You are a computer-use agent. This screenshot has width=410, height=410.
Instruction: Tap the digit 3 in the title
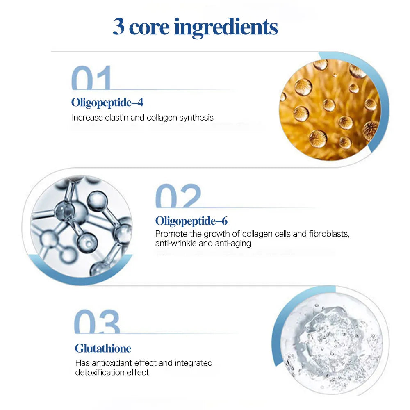118,26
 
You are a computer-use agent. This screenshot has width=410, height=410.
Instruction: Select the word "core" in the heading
149,28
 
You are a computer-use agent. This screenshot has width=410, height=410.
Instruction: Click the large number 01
91,77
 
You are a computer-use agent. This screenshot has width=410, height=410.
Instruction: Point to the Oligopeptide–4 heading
107,103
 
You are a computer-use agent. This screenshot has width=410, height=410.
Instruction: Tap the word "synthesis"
196,118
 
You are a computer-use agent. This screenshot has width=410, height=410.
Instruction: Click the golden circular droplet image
330,110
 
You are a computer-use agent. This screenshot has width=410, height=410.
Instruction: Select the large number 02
178,196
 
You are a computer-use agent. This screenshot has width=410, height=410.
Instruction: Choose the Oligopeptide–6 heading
191,221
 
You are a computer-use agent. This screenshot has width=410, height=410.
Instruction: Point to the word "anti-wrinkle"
176,243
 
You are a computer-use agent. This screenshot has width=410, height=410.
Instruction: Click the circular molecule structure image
81,226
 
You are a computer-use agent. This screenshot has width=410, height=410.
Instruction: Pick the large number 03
97,321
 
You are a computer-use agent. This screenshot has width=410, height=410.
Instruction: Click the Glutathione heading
103,348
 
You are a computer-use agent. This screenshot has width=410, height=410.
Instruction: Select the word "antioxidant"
112,363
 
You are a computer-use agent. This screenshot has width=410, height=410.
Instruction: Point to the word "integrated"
194,363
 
